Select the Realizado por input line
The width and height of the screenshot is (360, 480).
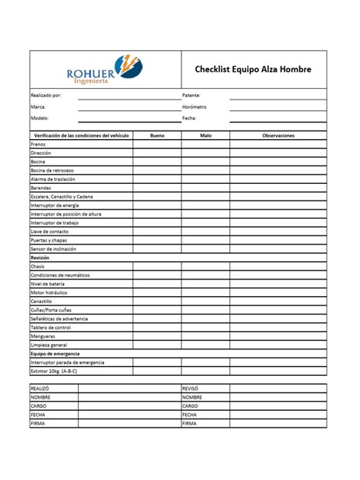coord(128,96)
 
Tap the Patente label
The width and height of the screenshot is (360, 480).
coord(191,96)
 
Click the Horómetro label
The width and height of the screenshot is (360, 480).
coord(196,107)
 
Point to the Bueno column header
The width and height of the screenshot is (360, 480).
coord(157,135)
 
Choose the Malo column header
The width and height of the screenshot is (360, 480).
coord(205,135)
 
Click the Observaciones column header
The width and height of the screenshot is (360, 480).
coord(278,135)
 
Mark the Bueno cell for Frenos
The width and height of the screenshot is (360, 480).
coord(157,144)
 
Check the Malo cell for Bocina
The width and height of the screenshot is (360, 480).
coord(205,161)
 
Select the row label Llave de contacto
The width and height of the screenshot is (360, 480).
coord(49,231)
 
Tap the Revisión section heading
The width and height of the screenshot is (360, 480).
coord(39,257)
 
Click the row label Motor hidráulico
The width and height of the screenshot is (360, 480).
coord(50,292)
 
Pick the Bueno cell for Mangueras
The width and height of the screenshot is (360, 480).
coord(157,336)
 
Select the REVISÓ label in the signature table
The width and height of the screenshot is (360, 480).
coord(191,388)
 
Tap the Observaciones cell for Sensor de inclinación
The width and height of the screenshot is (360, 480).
coord(278,248)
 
